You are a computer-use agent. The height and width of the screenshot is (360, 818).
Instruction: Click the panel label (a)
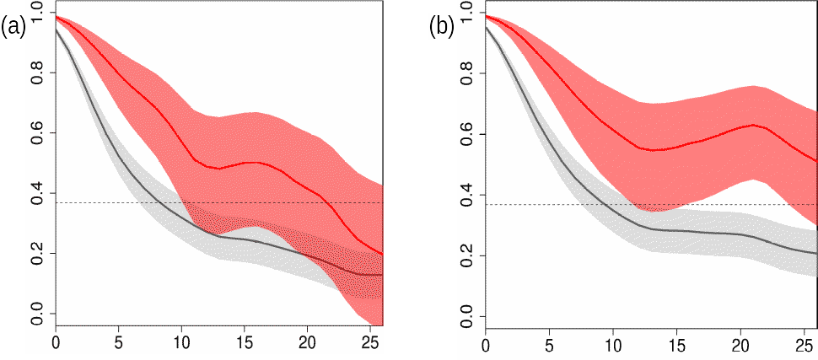click(14, 27)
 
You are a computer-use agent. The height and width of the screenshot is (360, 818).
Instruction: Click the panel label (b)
click(442, 27)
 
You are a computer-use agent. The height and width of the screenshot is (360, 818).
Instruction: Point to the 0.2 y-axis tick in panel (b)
click(465, 256)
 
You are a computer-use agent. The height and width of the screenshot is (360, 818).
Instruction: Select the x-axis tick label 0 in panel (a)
click(56, 343)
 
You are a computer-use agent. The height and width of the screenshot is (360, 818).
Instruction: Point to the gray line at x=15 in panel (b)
click(676, 230)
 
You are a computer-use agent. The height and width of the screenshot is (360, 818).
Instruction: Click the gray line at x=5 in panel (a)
click(119, 157)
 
